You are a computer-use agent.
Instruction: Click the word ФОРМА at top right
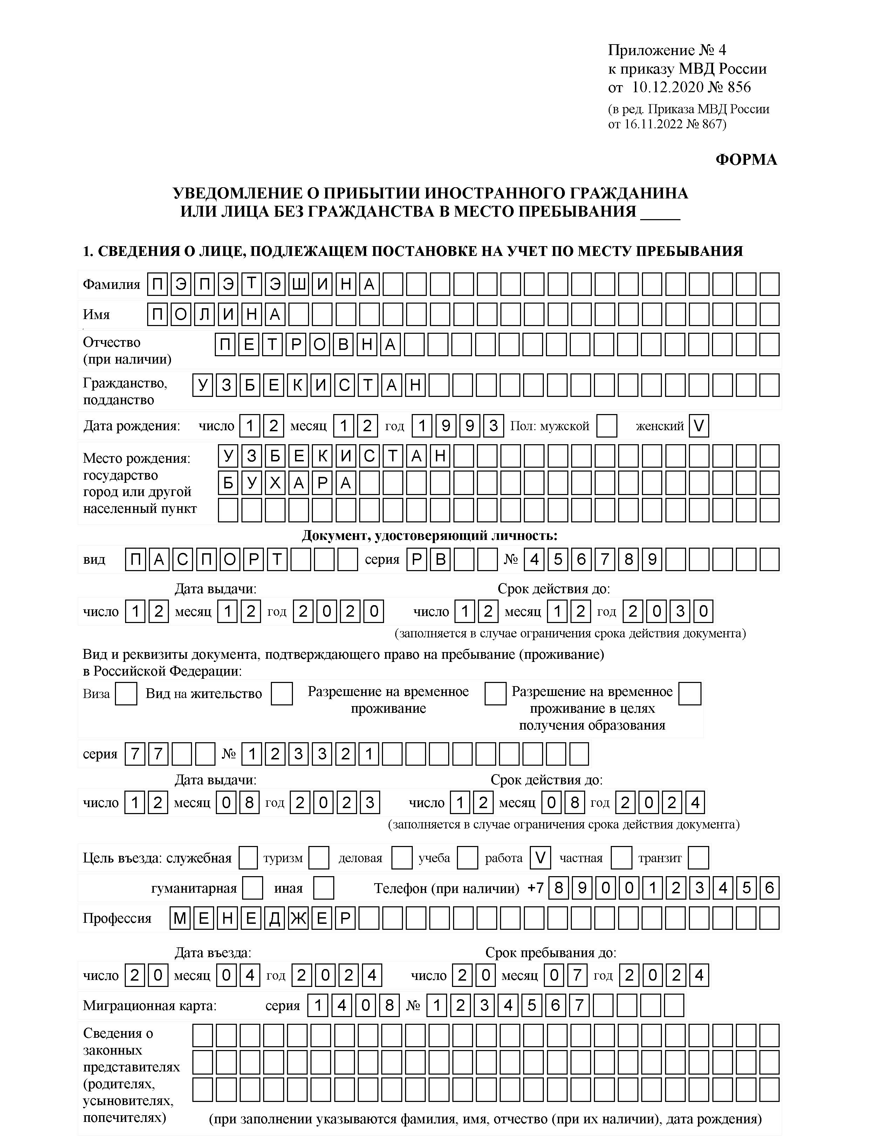[746, 160]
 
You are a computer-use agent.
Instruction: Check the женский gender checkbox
[698, 426]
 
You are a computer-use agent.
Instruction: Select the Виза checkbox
[126, 693]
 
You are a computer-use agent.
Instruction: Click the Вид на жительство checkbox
[282, 693]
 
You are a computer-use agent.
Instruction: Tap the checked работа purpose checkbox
[540, 858]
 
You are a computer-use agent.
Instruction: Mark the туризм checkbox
[319, 858]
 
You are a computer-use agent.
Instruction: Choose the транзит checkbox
[698, 858]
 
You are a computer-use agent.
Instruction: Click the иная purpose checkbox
[324, 888]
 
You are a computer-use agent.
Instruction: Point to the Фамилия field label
[111, 285]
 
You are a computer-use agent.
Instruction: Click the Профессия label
[117, 919]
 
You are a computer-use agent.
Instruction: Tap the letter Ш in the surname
[299, 284]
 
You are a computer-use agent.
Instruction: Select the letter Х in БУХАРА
[275, 483]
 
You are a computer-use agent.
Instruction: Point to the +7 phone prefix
[535, 888]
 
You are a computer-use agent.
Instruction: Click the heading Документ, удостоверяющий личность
[429, 535]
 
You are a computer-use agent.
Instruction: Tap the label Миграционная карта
[150, 1006]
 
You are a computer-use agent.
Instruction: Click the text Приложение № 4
[667, 50]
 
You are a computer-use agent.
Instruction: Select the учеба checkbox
[467, 858]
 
